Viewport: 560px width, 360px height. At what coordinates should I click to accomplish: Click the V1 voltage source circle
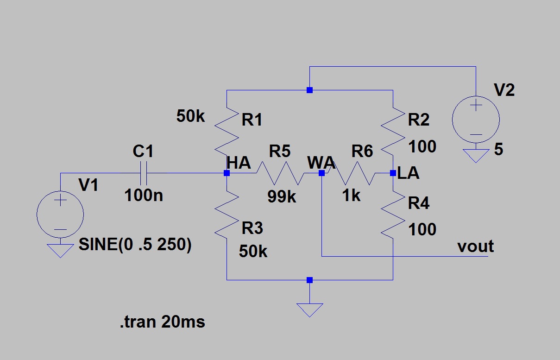[x=60, y=214]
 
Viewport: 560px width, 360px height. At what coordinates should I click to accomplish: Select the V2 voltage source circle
[x=476, y=120]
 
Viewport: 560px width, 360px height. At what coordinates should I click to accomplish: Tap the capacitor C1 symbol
[x=143, y=173]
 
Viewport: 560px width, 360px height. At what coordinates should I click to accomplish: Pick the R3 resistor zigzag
[x=227, y=215]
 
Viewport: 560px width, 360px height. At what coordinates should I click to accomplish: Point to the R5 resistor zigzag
[x=280, y=173]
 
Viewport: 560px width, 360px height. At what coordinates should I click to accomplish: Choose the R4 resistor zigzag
[x=393, y=215]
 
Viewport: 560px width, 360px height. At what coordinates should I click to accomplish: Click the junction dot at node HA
[x=227, y=173]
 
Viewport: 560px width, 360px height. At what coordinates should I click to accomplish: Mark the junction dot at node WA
[x=321, y=173]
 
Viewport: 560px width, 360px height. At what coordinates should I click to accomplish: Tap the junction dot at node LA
[x=393, y=173]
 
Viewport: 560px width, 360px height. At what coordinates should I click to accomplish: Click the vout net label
[x=476, y=246]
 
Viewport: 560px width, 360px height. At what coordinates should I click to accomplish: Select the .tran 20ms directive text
[x=163, y=322]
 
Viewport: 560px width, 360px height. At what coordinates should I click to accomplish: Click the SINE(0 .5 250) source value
[x=135, y=244]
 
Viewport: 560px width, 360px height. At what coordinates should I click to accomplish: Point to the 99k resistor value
[x=282, y=196]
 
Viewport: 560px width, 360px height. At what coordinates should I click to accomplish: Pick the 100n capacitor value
[x=144, y=195]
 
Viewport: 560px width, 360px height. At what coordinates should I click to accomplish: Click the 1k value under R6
[x=351, y=195]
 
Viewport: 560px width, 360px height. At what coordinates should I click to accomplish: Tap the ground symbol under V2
[x=476, y=156]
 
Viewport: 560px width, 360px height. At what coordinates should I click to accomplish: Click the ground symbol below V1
[x=60, y=251]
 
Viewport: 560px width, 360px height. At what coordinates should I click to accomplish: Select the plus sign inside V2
[x=476, y=105]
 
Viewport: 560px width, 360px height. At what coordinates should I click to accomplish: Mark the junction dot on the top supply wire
[x=309, y=90]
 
